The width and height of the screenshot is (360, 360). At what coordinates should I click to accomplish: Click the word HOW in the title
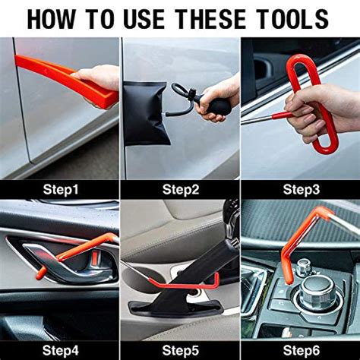click(51, 19)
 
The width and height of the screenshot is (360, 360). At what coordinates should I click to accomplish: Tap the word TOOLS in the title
click(293, 19)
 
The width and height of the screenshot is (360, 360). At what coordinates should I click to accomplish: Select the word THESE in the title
click(210, 19)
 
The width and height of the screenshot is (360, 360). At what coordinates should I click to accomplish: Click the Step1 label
click(61, 189)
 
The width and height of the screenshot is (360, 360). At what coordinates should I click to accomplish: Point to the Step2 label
click(181, 189)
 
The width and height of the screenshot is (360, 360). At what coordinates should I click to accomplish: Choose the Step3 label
click(302, 189)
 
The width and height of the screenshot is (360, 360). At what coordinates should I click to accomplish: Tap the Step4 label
click(61, 350)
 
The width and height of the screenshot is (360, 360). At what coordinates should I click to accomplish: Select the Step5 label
click(181, 350)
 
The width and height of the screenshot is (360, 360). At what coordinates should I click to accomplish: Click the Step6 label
click(302, 350)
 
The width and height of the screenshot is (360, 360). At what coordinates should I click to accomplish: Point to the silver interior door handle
click(76, 266)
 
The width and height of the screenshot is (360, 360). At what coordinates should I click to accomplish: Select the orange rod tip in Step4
click(41, 273)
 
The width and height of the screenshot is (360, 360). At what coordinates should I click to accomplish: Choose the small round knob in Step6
click(303, 268)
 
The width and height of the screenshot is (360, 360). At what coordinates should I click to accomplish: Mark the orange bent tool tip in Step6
click(289, 279)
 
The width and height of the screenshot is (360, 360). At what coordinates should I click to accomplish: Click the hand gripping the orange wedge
click(99, 77)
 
